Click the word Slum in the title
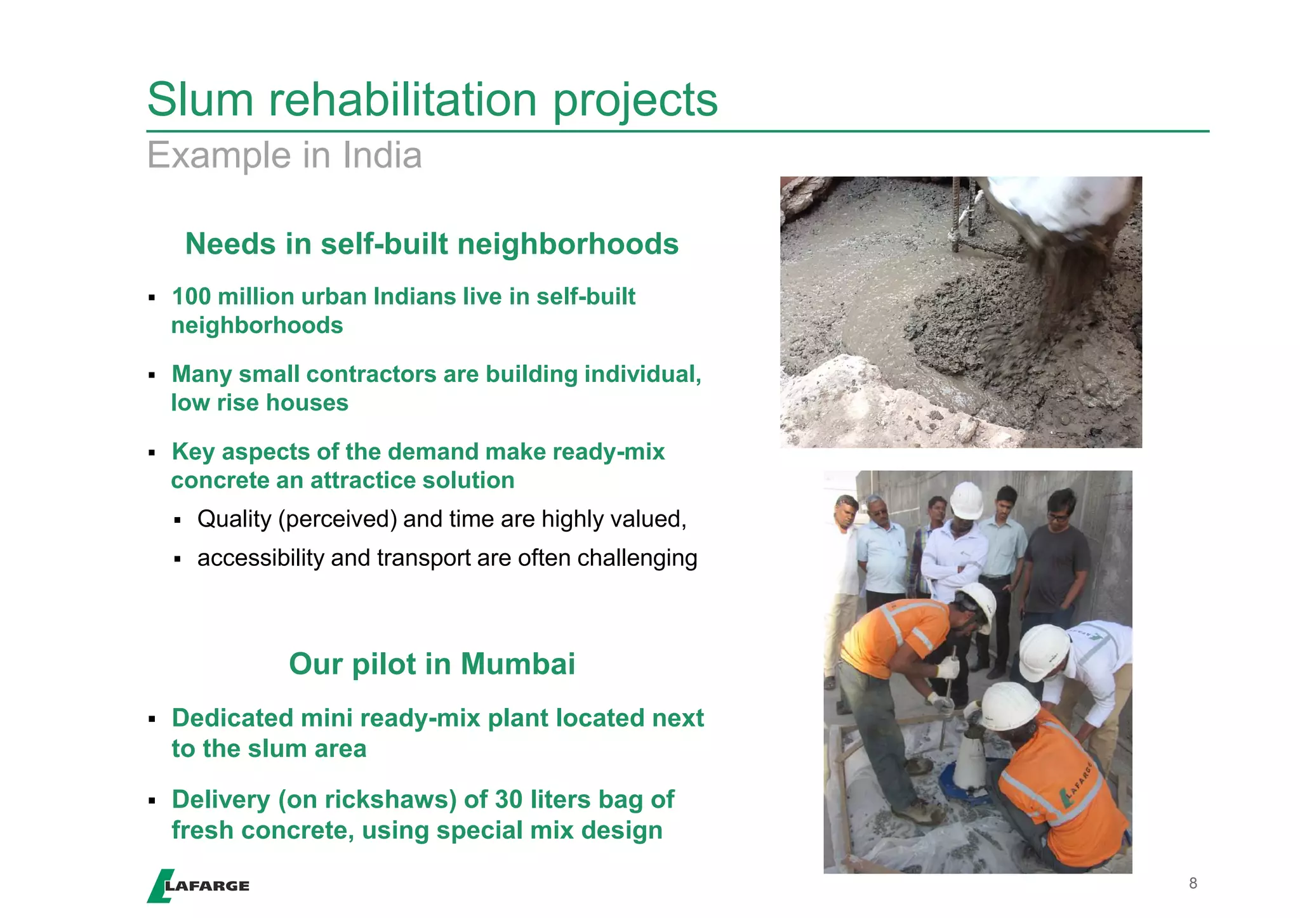[x=200, y=100]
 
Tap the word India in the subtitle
[x=382, y=155]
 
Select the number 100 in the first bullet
[x=191, y=297]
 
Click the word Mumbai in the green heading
[x=518, y=664]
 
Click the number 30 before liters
[x=508, y=800]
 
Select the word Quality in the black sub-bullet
[x=234, y=520]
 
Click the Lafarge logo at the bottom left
[x=198, y=886]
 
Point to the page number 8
[x=1193, y=883]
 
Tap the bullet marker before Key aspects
[x=152, y=453]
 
